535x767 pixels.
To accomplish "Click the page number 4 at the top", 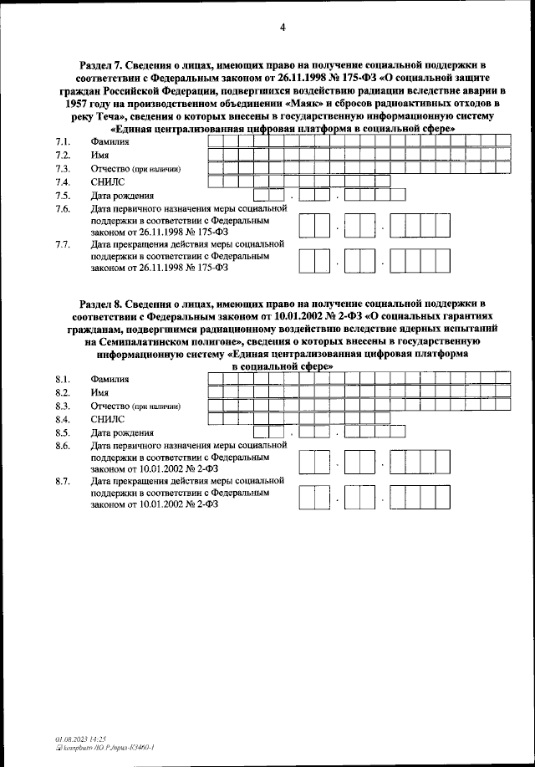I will click(283, 28).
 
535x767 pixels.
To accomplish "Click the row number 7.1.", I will click(61, 141).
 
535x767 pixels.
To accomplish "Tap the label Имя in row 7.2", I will click(100, 155).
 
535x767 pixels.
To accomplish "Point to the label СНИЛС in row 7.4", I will click(107, 182).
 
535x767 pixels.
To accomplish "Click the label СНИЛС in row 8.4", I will click(107, 419).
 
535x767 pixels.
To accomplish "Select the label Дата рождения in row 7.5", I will click(122, 195).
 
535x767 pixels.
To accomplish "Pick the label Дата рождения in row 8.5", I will click(122, 432).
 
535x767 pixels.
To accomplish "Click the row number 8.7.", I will click(61, 482).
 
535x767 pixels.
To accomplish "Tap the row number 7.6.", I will click(61, 208).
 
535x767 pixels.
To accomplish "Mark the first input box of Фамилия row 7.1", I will click(215, 141).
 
